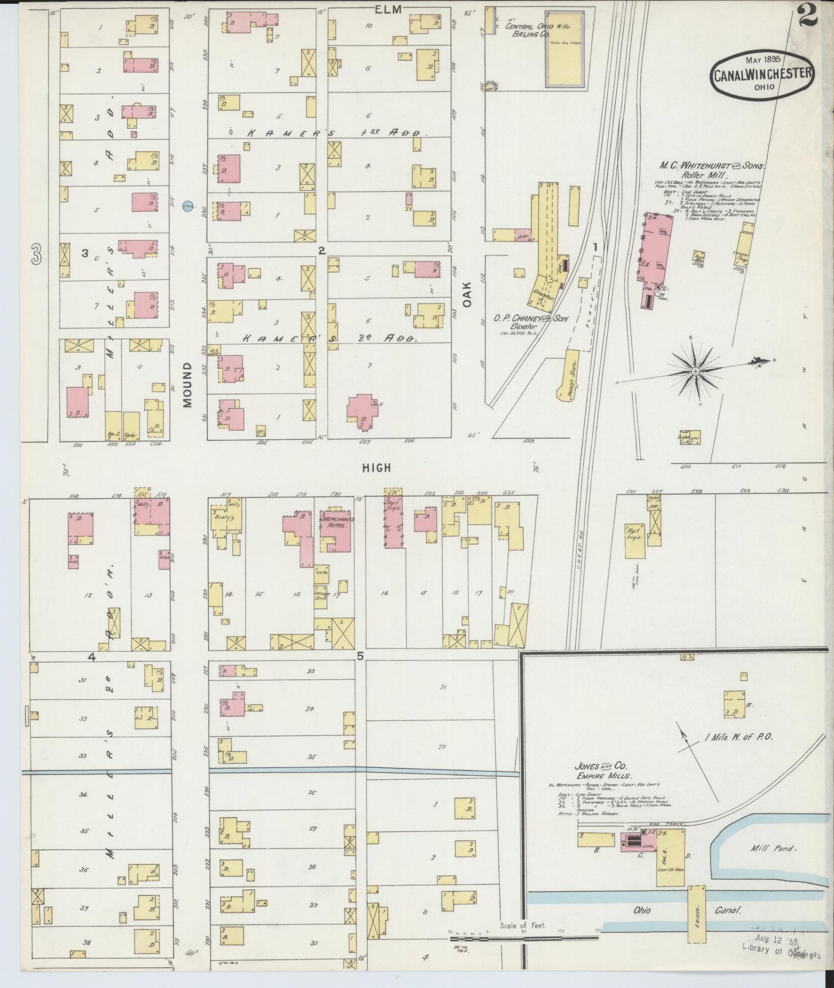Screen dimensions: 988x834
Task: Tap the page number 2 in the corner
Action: [x=808, y=14]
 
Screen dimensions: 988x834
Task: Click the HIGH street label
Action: [x=376, y=468]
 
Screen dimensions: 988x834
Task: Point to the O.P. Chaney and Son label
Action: [x=531, y=318]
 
